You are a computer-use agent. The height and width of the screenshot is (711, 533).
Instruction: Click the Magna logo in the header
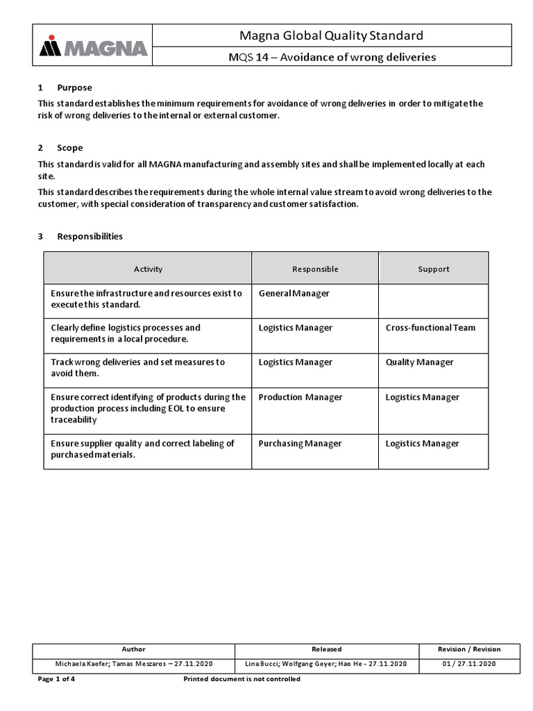tap(93, 47)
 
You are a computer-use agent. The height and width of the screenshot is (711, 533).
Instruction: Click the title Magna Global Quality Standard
tap(331, 35)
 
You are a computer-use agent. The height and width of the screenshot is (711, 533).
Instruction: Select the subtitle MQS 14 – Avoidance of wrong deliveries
tap(331, 58)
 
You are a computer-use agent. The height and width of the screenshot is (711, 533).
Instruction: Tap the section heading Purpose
tap(74, 87)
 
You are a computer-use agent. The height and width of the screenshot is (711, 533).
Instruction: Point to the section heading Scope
tap(69, 148)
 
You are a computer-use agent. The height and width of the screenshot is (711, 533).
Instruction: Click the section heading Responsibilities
tap(90, 236)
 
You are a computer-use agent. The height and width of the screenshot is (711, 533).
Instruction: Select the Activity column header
tap(148, 269)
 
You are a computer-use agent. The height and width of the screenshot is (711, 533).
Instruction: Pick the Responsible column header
tap(315, 269)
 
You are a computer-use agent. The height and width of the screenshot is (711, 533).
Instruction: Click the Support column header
tap(433, 269)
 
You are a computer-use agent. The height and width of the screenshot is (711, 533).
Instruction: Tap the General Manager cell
tap(294, 294)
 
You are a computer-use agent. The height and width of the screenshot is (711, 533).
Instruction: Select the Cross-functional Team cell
tap(430, 328)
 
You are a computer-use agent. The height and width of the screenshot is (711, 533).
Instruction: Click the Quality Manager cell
tap(419, 362)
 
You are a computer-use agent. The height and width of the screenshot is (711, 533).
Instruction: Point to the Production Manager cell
tap(301, 397)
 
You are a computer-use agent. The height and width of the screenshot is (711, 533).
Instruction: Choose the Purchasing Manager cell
tap(300, 444)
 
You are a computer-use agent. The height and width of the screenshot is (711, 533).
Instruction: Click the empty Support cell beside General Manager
tap(433, 301)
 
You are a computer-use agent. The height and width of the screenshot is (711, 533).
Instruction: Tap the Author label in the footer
tap(133, 649)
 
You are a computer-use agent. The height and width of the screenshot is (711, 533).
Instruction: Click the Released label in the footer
tap(326, 649)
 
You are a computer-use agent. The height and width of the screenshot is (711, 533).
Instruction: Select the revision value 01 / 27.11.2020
tap(468, 664)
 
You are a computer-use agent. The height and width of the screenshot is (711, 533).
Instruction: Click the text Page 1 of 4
tap(56, 679)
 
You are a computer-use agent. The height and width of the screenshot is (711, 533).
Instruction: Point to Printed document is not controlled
tap(242, 679)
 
